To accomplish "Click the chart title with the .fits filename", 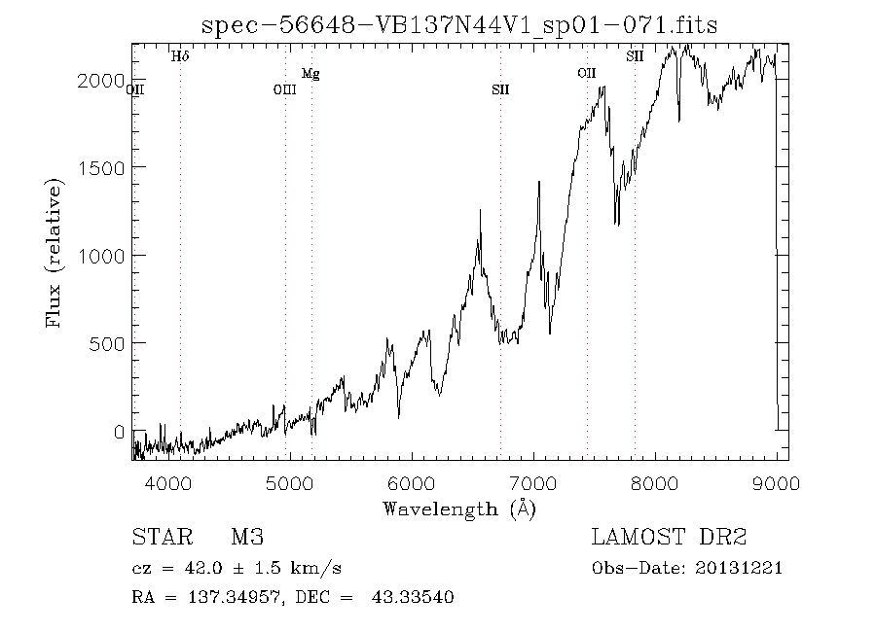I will (459, 26).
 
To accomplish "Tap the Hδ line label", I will (180, 57).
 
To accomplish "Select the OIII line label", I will (284, 90).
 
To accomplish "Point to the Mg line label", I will (310, 74).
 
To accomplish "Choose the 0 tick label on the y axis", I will (118, 431).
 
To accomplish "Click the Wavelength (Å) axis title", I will (458, 509).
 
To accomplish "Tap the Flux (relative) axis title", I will (56, 253).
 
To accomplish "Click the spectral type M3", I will (247, 538).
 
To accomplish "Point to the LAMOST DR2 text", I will (670, 538).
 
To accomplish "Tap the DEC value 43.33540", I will (413, 597).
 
